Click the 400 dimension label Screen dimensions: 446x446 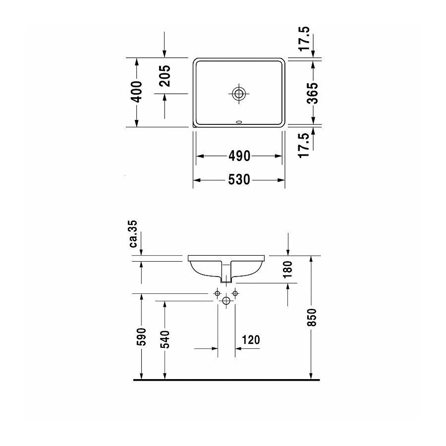pyautogui.click(x=137, y=92)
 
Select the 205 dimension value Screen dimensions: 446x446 pyautogui.click(x=165, y=76)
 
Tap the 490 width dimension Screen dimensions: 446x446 pyautogui.click(x=239, y=156)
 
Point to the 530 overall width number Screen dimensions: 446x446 pyautogui.click(x=239, y=180)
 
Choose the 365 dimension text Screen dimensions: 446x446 pyautogui.click(x=313, y=93)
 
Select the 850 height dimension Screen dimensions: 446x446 pyautogui.click(x=312, y=317)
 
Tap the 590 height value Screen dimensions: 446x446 pyautogui.click(x=142, y=337)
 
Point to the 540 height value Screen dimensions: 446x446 pyautogui.click(x=165, y=339)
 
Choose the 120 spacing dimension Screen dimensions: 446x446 pyautogui.click(x=251, y=340)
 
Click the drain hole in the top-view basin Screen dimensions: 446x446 pyautogui.click(x=239, y=93)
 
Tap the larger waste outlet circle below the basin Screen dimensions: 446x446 pyautogui.click(x=226, y=300)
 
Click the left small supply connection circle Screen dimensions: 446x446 pyautogui.click(x=217, y=294)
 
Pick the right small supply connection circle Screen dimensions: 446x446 pyautogui.click(x=235, y=294)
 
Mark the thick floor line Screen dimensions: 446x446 pyautogui.click(x=226, y=380)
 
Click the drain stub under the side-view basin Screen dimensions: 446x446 pyautogui.click(x=226, y=280)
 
